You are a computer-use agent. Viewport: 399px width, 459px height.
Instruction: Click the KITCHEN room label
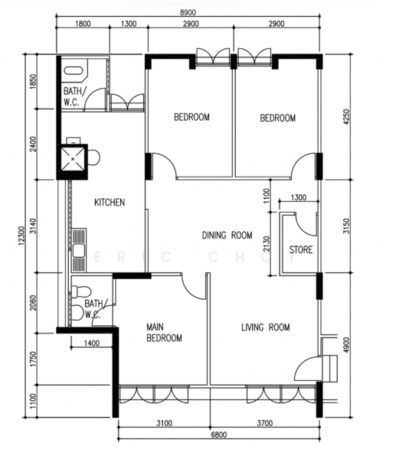110,202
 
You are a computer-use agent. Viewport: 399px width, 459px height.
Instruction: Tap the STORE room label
301,249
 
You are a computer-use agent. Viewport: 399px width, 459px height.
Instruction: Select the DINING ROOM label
227,235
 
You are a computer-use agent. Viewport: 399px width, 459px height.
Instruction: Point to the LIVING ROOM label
266,327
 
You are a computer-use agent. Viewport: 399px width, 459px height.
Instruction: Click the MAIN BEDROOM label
164,333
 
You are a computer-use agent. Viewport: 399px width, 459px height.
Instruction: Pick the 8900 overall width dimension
188,12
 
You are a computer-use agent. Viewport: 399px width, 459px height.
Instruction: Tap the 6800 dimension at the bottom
219,435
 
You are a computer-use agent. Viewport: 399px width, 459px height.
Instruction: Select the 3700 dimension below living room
264,423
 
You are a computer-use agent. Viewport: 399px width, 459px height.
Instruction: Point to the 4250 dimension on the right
346,117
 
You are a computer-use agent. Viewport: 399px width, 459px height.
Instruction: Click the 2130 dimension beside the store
266,244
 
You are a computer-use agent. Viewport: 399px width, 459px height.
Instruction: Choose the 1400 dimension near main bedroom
92,343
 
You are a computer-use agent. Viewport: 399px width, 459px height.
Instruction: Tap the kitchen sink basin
79,251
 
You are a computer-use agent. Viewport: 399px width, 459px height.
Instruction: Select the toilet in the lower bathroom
81,291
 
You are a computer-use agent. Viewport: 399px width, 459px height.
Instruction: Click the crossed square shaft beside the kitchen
73,159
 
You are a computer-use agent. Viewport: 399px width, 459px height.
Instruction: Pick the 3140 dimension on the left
33,226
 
